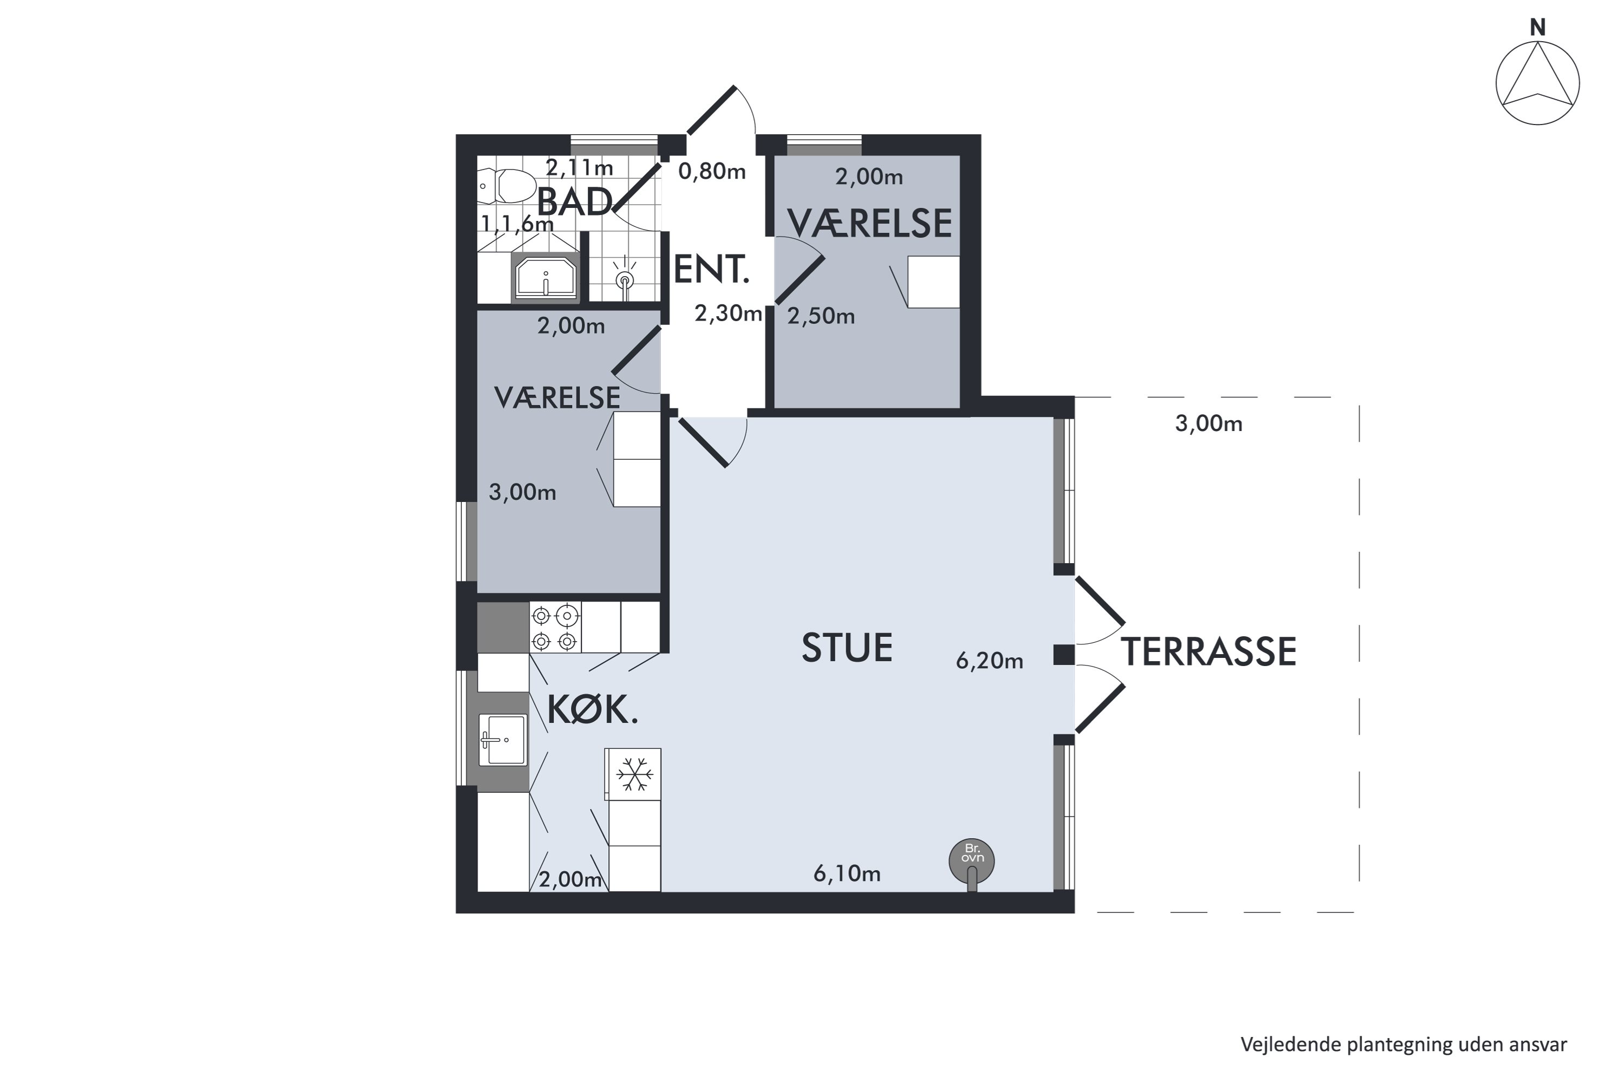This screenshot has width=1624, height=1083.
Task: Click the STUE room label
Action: click(847, 648)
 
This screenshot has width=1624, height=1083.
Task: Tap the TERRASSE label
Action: click(1208, 652)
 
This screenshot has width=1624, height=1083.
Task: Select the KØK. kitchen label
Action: click(593, 709)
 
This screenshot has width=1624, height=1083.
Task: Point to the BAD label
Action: click(575, 201)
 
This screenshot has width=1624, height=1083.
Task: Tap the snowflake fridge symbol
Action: click(635, 774)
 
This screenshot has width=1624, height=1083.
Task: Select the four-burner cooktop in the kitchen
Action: click(555, 627)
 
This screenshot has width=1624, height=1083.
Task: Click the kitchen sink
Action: click(502, 740)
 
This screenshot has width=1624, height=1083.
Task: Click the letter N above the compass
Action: click(1538, 28)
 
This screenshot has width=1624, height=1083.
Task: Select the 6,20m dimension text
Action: click(989, 661)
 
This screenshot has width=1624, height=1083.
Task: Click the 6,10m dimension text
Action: click(847, 874)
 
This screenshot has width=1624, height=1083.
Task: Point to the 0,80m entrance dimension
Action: click(712, 171)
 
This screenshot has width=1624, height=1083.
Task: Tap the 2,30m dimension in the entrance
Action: click(728, 314)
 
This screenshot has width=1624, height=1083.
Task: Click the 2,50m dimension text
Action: click(821, 316)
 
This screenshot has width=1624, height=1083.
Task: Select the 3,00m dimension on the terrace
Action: click(1209, 423)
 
